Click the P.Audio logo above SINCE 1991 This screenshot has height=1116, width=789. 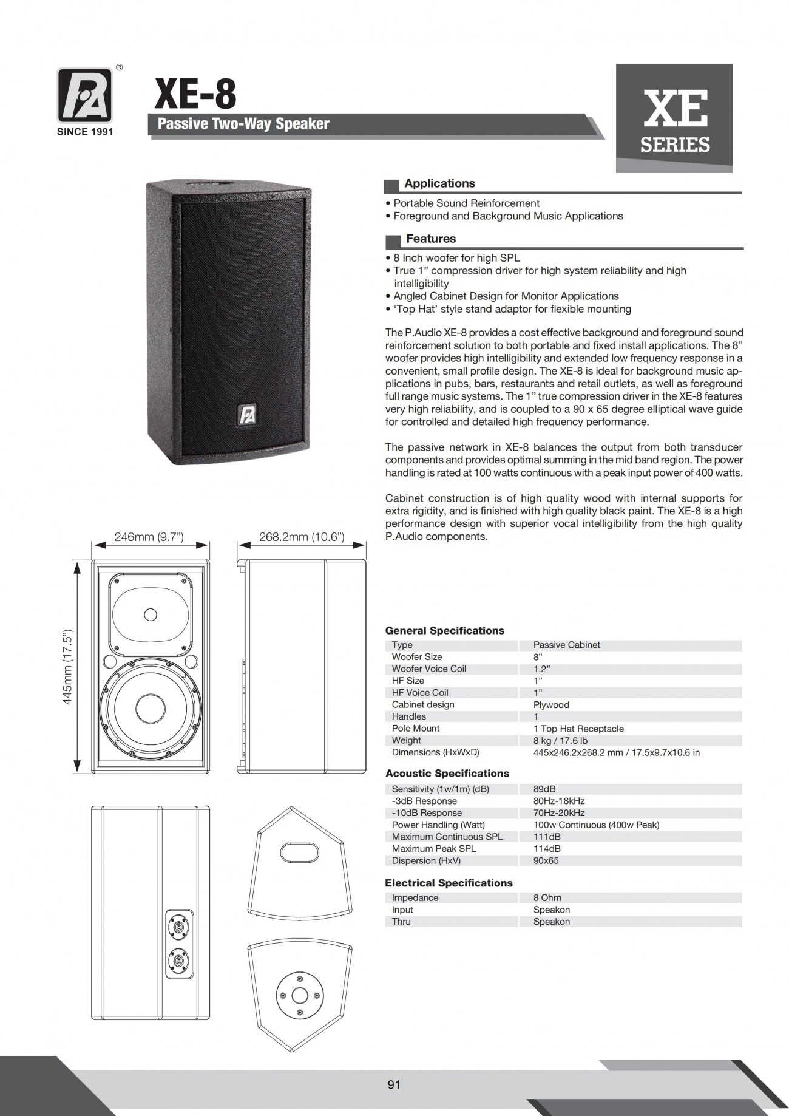(x=84, y=95)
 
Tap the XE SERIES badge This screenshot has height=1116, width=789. (x=674, y=118)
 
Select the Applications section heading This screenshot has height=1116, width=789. (x=439, y=183)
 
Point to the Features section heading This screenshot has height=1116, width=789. (x=431, y=239)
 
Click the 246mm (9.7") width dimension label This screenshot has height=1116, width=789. (x=149, y=537)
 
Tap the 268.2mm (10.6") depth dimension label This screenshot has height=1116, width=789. (x=302, y=537)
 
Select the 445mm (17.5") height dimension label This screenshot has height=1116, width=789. (x=68, y=667)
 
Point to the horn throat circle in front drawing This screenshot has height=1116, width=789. (x=151, y=614)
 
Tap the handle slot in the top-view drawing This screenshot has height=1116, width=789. (x=300, y=851)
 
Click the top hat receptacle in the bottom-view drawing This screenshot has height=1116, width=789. (x=300, y=996)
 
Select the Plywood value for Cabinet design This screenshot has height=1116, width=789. (x=551, y=705)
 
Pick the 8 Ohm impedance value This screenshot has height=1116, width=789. (x=547, y=897)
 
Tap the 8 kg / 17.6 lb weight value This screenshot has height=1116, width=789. (x=560, y=741)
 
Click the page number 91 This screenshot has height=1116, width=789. (x=394, y=1084)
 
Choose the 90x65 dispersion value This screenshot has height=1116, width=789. (x=546, y=861)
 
